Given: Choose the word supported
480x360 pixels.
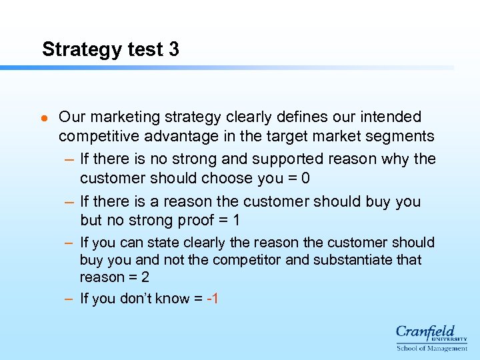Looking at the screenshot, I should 291,159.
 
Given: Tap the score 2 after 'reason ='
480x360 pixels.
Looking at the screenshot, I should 145,277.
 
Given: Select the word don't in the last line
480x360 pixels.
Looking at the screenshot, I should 138,299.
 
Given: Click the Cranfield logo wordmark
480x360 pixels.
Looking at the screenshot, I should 425,332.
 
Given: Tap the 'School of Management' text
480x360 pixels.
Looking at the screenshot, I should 431,348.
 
